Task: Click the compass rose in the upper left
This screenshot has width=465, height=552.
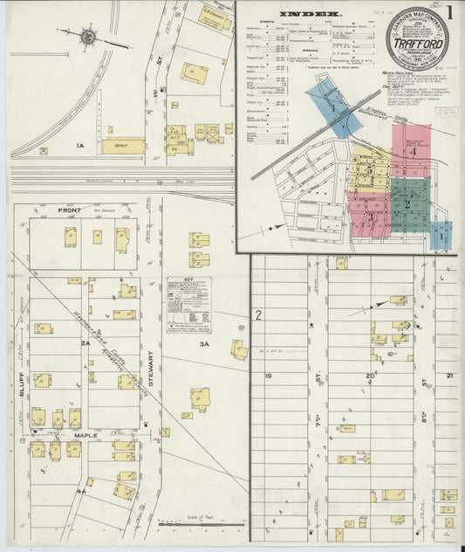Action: click(89, 37)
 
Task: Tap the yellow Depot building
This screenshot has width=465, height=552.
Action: click(123, 147)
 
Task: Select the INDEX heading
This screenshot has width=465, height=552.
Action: click(311, 15)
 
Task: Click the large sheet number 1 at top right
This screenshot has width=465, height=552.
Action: click(448, 14)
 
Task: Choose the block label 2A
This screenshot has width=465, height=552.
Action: click(85, 344)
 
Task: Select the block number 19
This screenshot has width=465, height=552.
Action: click(269, 376)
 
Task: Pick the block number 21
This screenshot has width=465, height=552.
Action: click(449, 376)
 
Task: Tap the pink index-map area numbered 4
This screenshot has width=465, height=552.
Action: click(414, 151)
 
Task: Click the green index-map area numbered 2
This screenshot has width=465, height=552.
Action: click(408, 204)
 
